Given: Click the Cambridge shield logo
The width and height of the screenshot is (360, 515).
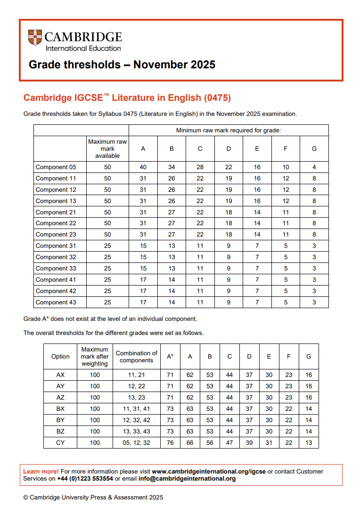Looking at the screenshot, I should tap(35, 38).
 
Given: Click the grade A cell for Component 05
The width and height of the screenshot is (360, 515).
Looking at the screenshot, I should tap(143, 167).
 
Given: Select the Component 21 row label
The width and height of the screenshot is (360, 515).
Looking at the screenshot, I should tap(56, 213).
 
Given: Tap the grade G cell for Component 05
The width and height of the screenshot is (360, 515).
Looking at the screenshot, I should tap(314, 167).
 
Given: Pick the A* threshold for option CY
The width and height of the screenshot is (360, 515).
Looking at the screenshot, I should tap(170, 443).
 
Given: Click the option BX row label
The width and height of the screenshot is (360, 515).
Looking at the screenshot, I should tap(60, 409).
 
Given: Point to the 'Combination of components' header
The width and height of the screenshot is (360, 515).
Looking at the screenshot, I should tap(137, 357).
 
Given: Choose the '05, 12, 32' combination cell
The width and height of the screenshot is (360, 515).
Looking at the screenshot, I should tap(137, 443).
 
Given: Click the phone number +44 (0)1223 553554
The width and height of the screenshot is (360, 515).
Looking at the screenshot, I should tap(85, 479).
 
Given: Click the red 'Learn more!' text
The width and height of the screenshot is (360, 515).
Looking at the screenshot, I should tap(41, 471).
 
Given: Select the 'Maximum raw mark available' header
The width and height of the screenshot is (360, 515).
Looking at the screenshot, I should tap(107, 148).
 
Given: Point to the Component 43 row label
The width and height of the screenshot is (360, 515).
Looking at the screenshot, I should tap(56, 302).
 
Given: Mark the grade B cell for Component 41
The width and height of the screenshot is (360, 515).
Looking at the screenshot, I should tap(172, 280).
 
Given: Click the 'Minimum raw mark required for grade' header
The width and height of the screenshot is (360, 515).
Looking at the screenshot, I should tap(229, 131).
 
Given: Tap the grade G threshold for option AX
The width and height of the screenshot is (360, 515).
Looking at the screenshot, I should tap(309, 375).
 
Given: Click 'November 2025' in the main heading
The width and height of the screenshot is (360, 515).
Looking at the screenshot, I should tap(174, 65).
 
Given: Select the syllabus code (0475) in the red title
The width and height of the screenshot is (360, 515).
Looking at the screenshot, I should tap(217, 98).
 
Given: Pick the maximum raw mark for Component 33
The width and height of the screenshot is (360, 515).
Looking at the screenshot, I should tap(107, 269).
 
